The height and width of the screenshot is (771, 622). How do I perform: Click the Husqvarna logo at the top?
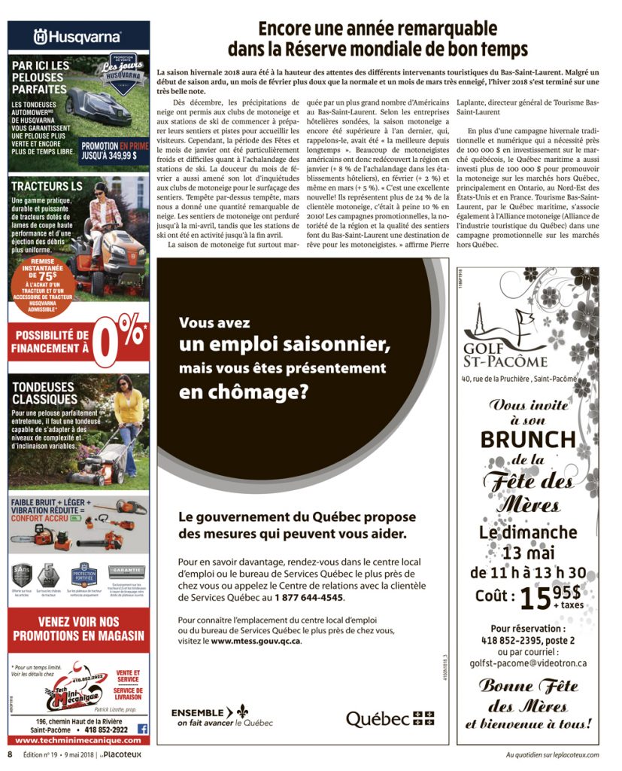coord(78,35)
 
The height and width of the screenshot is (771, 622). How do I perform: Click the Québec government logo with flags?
coord(390,718)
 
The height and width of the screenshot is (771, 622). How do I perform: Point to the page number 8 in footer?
coord(10,754)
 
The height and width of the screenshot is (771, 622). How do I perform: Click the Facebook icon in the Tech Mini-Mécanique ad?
coord(142,729)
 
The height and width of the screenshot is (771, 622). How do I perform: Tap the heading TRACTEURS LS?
coord(46,185)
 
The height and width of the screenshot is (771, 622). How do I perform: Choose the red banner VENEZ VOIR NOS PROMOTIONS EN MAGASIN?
coord(78,628)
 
